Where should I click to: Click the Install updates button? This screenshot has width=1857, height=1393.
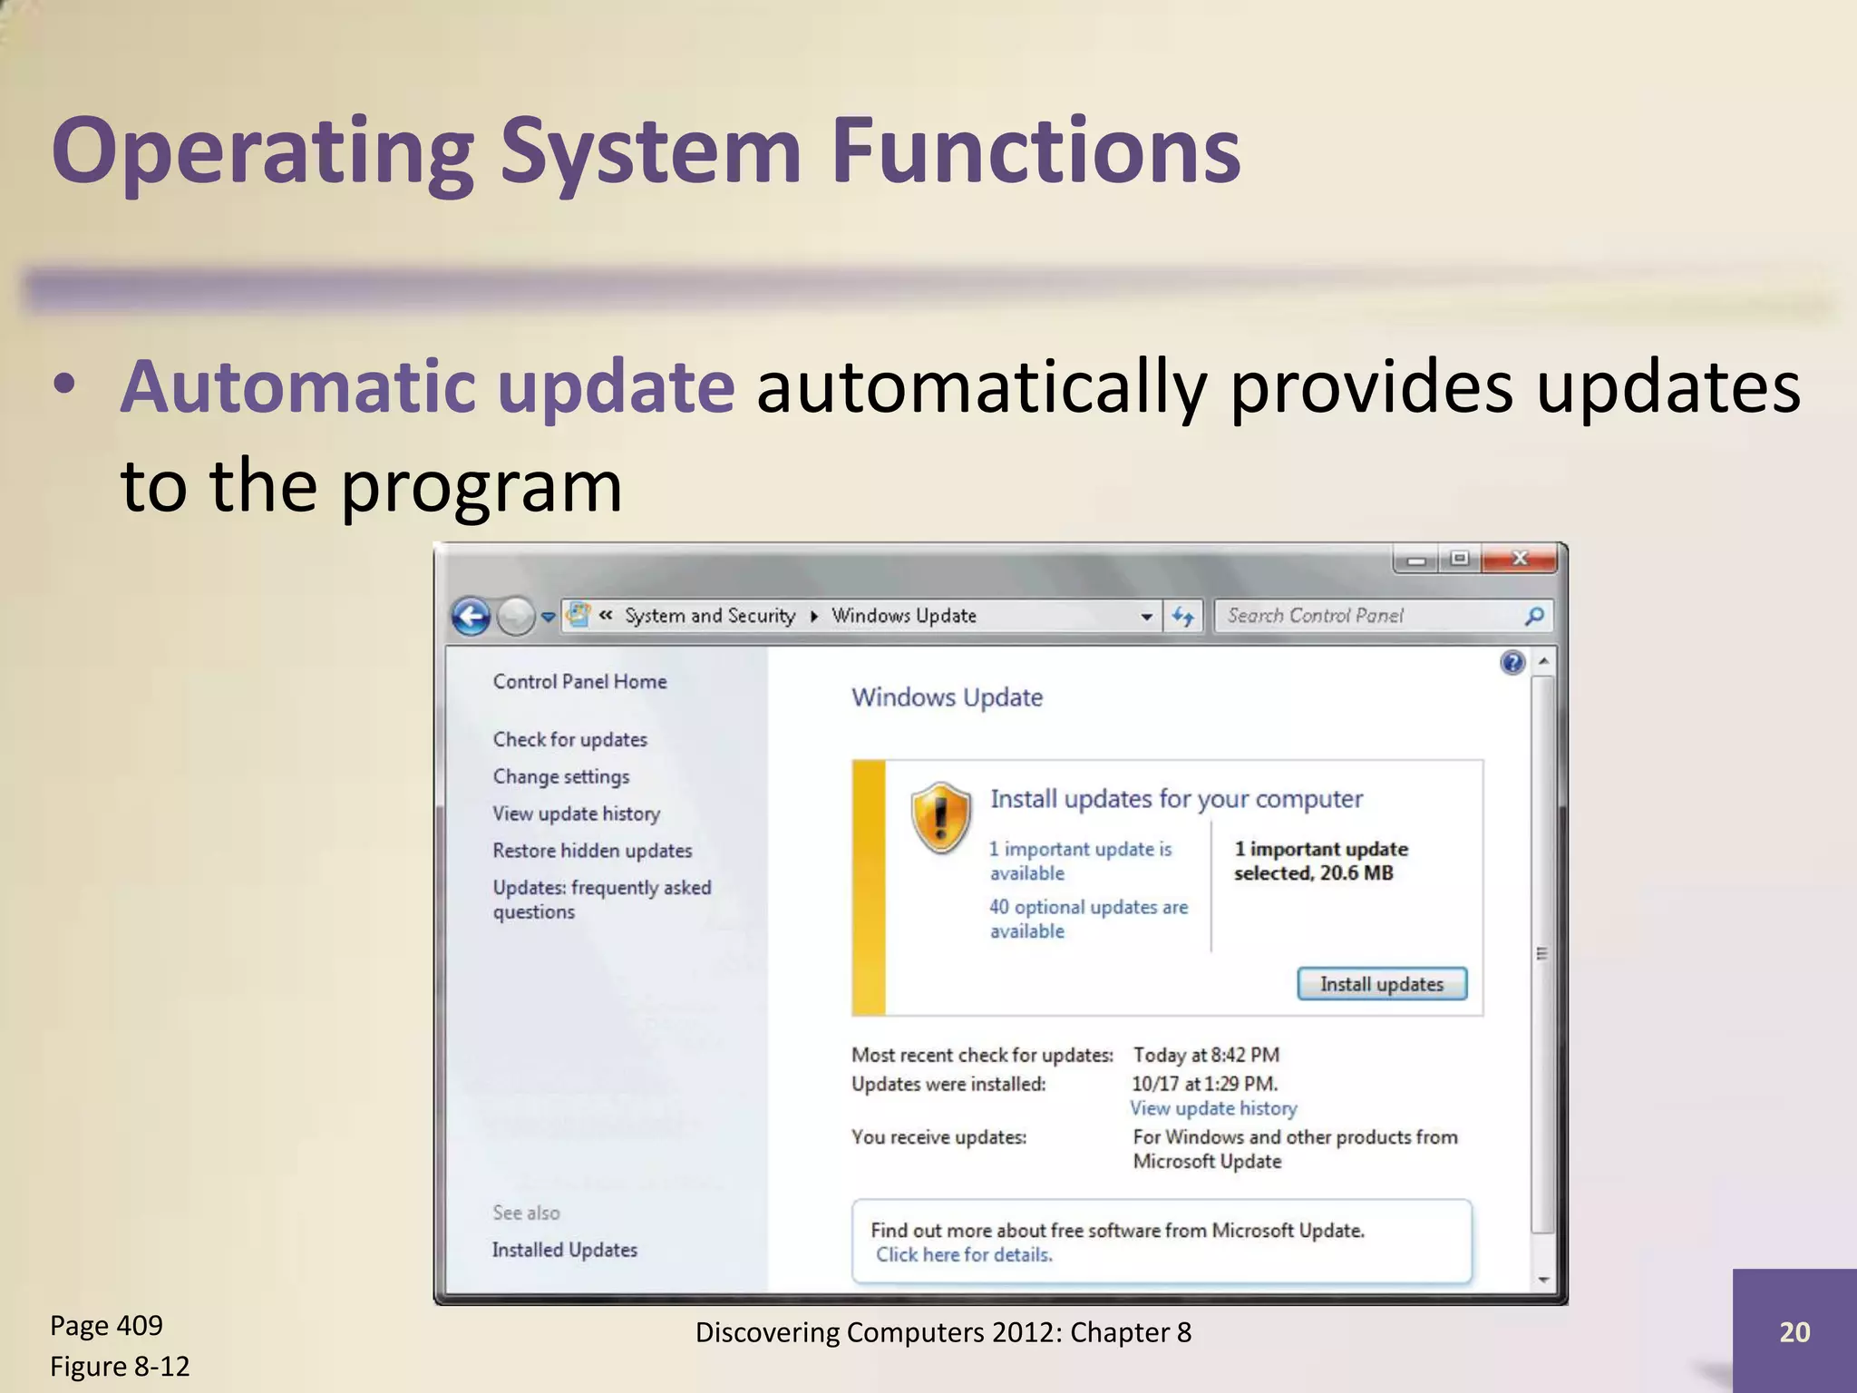(x=1381, y=984)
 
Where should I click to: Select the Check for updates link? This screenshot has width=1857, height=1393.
(x=569, y=739)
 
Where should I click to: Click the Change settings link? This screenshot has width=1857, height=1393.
(x=560, y=776)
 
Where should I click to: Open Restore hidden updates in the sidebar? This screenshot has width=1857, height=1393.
(x=592, y=851)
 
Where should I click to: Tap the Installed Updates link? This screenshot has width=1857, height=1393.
(x=564, y=1250)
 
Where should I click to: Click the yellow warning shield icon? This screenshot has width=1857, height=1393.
(x=941, y=817)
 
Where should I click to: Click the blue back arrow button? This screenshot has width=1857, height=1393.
(x=472, y=617)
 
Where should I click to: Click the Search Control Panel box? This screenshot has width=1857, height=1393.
(x=1369, y=616)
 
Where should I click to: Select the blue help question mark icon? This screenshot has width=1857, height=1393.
(x=1512, y=663)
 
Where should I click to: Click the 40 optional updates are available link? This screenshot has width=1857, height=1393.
(x=1088, y=919)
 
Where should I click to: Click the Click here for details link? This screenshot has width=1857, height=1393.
(x=964, y=1255)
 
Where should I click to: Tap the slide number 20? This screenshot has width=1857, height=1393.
(x=1794, y=1331)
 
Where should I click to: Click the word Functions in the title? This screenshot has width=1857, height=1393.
(x=1035, y=151)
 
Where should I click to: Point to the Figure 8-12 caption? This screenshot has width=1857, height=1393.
(x=120, y=1366)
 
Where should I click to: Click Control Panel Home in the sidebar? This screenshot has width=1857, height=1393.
(x=579, y=681)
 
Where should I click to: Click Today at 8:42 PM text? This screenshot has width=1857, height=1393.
(x=1206, y=1055)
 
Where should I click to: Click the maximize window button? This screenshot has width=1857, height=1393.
(x=1459, y=559)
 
